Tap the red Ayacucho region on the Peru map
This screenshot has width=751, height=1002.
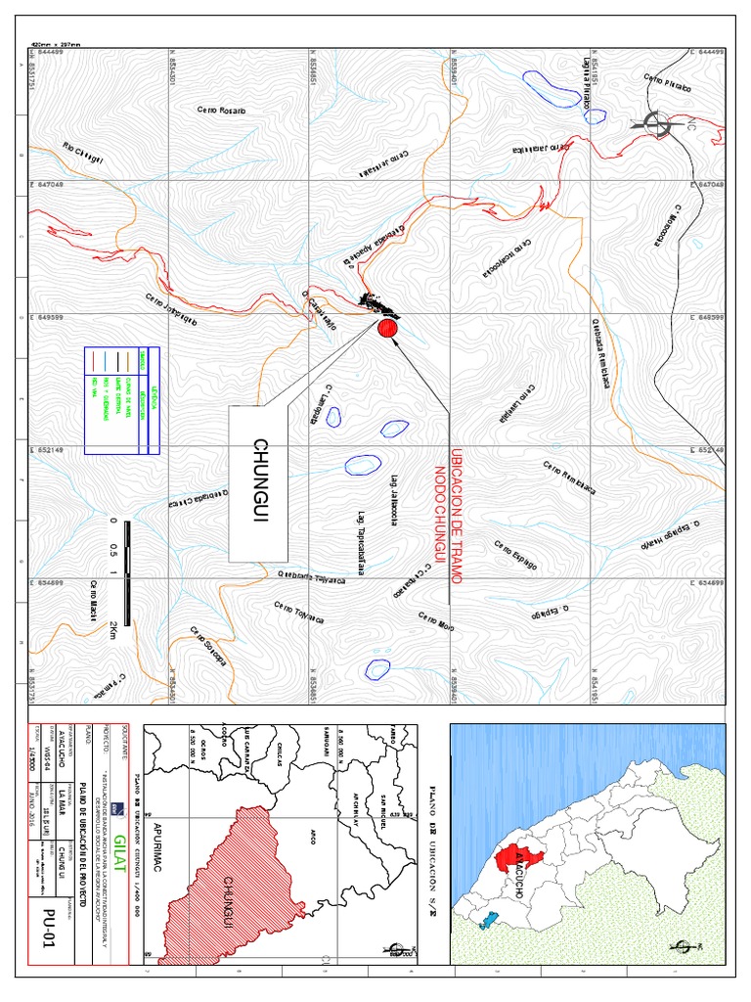(x=510, y=861)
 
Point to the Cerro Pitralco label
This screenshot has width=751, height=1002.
(x=667, y=83)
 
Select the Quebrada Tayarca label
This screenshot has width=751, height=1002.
(x=313, y=576)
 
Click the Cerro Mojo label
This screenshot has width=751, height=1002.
(x=436, y=620)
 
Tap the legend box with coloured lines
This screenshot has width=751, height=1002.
(x=121, y=401)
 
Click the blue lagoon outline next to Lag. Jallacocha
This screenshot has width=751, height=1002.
(x=362, y=464)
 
